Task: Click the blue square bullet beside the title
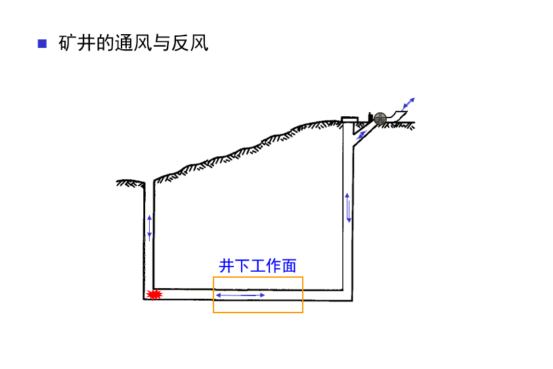click(x=43, y=44)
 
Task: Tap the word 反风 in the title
click(x=190, y=44)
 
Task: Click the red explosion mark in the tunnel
click(x=154, y=295)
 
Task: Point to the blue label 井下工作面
click(x=257, y=265)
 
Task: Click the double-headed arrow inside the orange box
click(x=240, y=295)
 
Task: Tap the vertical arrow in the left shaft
click(x=149, y=227)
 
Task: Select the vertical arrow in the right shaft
click(x=348, y=207)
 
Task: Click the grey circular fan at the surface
click(x=380, y=118)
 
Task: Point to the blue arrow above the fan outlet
click(x=408, y=104)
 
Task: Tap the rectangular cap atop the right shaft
click(x=349, y=119)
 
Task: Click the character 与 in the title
click(x=162, y=44)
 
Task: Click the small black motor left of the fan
click(x=370, y=118)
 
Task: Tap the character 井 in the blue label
click(x=227, y=265)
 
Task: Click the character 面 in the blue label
click(x=289, y=265)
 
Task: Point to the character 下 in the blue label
click(x=242, y=265)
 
